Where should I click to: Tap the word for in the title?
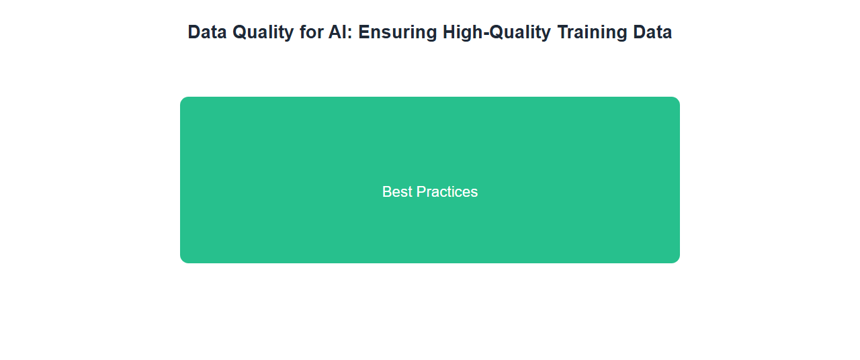(311, 32)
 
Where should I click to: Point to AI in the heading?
(337, 32)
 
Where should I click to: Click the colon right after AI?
(349, 34)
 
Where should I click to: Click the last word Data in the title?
(652, 32)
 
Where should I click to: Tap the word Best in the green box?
(397, 192)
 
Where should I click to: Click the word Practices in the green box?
(447, 192)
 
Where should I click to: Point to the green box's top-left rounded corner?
(182, 99)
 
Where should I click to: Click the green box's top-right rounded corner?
(678, 99)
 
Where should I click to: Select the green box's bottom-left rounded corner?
(182, 261)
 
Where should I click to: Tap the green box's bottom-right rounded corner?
(678, 261)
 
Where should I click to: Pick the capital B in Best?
(386, 192)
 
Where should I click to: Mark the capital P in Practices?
(421, 192)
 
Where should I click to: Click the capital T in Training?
(563, 32)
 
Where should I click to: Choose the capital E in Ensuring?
(364, 32)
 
